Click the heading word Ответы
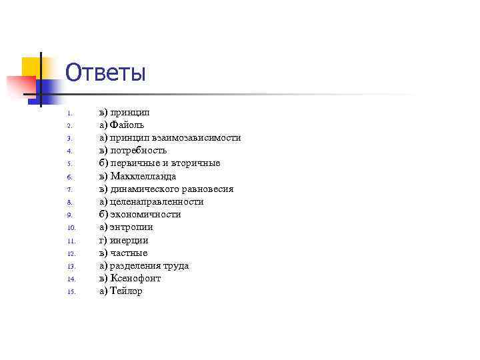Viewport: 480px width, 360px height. click(x=105, y=73)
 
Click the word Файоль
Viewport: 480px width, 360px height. click(x=127, y=125)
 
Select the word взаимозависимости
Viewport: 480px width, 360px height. click(x=196, y=137)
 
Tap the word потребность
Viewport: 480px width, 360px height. click(x=138, y=151)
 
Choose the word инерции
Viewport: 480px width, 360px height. click(x=129, y=240)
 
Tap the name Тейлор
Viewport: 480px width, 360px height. click(x=127, y=291)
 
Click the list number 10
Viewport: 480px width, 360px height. click(x=72, y=228)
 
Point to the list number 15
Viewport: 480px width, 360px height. click(x=72, y=292)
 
